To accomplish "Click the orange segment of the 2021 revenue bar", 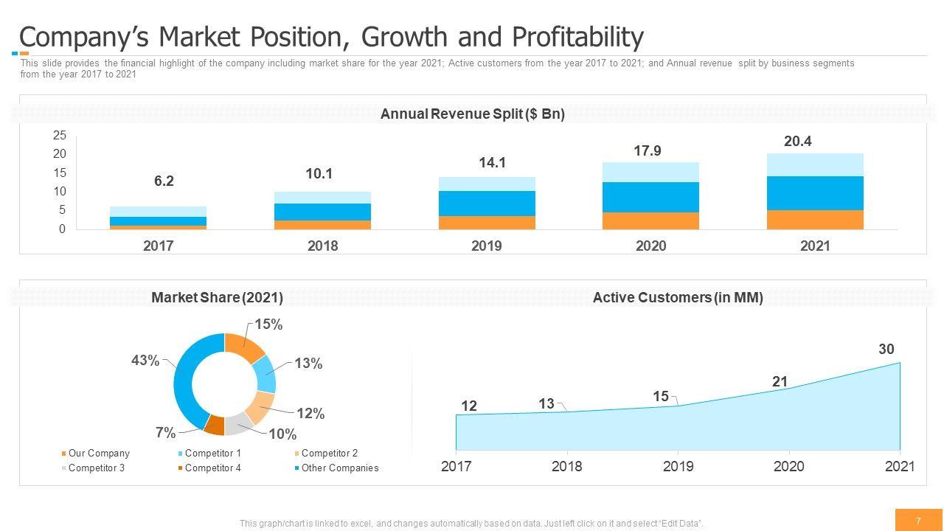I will pos(815,220).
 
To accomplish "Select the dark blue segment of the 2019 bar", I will pos(486,204).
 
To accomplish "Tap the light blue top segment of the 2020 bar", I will pos(650,172).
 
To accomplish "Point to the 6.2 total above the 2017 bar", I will pos(164,181).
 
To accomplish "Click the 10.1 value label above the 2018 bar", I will pos(319,174).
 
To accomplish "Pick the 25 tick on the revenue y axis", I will pos(60,136).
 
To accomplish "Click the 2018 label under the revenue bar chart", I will pos(322,246).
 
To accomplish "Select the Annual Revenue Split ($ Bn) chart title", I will pos(472,114).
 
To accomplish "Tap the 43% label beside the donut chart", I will pos(145,361).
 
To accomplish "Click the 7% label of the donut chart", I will pos(166,433).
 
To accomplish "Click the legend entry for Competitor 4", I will pos(212,468).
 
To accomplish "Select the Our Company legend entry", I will pos(98,454).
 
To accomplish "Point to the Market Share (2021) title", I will pos(217,298).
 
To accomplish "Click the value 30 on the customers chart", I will pos(886,350).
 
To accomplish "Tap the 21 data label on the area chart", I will pos(780,382).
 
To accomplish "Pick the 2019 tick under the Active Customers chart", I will pos(678,467).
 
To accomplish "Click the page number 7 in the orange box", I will pos(918,521).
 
